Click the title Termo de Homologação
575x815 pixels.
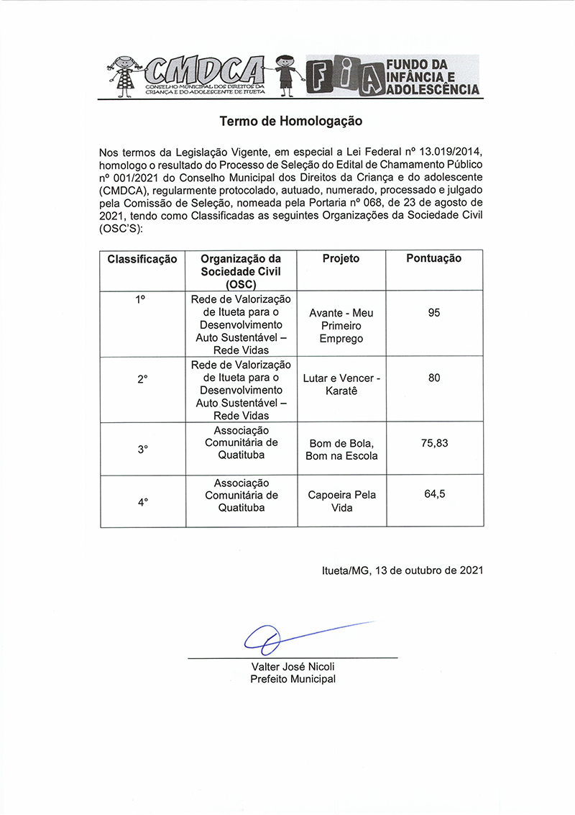(x=290, y=122)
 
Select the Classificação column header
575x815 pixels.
(x=142, y=259)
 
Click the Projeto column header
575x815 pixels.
(x=341, y=259)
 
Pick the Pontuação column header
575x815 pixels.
(x=433, y=259)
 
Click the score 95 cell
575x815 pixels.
(x=433, y=313)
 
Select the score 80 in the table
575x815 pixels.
(x=433, y=378)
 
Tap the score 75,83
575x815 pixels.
(x=434, y=443)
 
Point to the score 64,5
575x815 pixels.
(x=434, y=495)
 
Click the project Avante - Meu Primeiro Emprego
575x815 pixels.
(x=341, y=326)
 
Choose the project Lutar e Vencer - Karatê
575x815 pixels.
(x=341, y=384)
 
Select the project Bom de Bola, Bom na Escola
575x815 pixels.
(x=341, y=450)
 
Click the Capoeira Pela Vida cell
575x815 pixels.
(x=341, y=501)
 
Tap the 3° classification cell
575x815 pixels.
(x=142, y=450)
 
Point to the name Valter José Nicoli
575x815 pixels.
(x=293, y=667)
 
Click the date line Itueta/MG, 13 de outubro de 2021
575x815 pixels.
(x=402, y=570)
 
